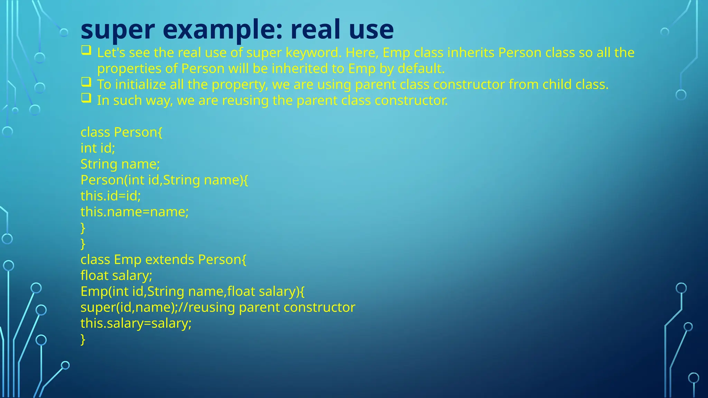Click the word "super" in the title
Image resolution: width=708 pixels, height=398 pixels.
point(118,30)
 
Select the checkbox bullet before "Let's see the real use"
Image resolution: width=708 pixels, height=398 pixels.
point(86,50)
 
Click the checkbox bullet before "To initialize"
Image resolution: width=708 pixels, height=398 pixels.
point(86,82)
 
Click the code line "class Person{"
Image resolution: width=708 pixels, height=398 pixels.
point(121,132)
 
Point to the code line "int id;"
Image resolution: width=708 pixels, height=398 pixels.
point(98,148)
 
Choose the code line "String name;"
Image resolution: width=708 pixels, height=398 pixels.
point(120,164)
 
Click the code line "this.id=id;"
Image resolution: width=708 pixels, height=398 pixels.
point(111,196)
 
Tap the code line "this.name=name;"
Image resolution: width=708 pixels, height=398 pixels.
point(134,212)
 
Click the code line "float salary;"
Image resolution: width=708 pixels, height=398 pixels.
point(116,275)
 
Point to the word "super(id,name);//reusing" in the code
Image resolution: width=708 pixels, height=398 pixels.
point(158,307)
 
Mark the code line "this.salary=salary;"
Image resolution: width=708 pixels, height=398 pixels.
point(136,323)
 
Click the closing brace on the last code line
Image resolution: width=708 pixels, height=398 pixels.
point(83,339)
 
